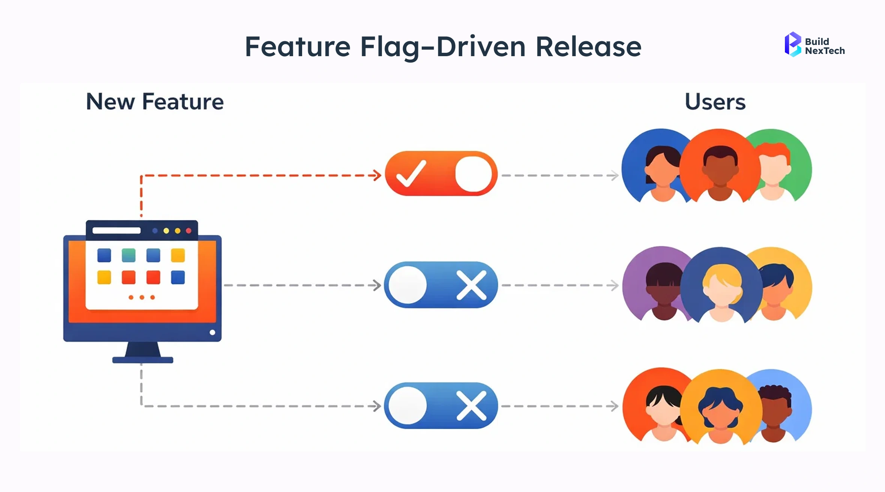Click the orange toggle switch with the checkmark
click(x=441, y=173)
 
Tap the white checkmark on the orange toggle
click(x=411, y=173)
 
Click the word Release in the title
click(x=589, y=47)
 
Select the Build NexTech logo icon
click(x=792, y=45)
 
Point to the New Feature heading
click(x=155, y=101)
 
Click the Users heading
click(x=715, y=101)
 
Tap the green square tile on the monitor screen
click(x=129, y=255)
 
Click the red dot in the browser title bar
click(x=189, y=231)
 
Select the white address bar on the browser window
click(x=116, y=230)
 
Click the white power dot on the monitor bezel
click(x=212, y=332)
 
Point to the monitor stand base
click(x=142, y=360)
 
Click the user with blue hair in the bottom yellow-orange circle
click(x=720, y=410)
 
